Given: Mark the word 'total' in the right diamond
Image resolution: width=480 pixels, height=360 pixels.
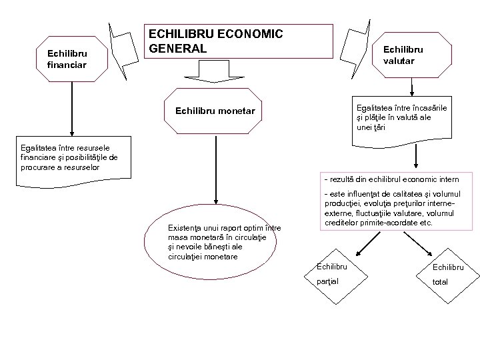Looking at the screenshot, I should pos(440,281).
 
